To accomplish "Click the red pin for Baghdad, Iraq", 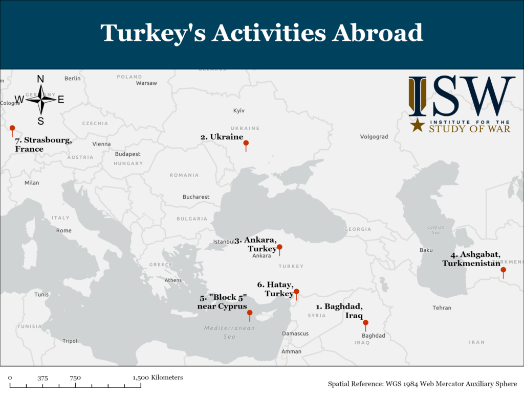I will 365,323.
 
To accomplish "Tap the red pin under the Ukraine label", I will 246,144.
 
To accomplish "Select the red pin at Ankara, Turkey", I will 279,247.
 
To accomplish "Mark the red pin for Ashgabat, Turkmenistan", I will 503,270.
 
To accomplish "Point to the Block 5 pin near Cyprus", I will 250,313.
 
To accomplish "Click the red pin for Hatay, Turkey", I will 296,292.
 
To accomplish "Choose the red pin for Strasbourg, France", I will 12,129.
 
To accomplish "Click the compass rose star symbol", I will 41,100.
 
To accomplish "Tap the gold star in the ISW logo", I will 418,125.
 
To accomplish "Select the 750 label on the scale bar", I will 75,378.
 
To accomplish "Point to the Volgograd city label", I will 374,137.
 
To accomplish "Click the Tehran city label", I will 442,308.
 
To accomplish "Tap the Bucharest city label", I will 196,197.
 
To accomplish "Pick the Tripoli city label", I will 71,341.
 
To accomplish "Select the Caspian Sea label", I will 436,230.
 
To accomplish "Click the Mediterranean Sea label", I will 229,332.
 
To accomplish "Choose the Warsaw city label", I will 146,83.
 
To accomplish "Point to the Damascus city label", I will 295,334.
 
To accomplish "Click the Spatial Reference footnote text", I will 422,384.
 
